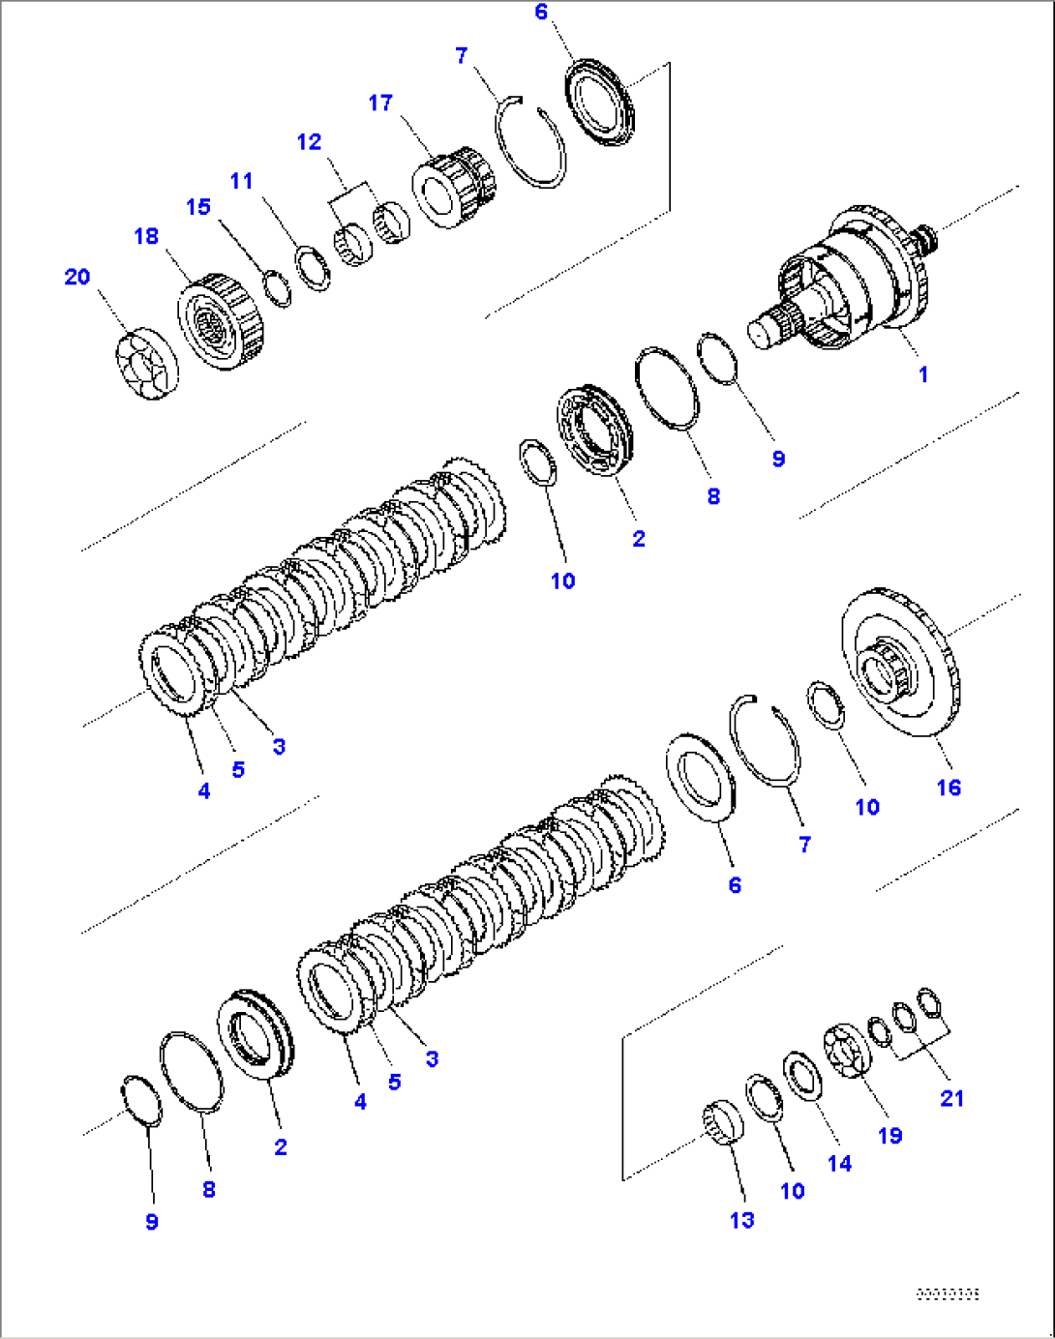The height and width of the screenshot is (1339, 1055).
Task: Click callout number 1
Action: [922, 374]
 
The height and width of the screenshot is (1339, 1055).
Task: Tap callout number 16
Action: [949, 788]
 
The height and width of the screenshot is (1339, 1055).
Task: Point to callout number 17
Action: [380, 103]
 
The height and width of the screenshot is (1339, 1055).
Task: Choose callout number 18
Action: [146, 236]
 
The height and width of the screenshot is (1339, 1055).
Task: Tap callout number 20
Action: [77, 277]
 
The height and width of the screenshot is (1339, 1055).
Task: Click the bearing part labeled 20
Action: [146, 364]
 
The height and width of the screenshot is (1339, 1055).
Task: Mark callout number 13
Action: [741, 1220]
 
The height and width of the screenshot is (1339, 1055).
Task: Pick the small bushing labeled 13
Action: [722, 1122]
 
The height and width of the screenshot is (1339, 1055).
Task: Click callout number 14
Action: [839, 1164]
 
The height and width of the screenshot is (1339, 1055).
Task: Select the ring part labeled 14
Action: [802, 1075]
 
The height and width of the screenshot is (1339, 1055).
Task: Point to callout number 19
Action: [889, 1136]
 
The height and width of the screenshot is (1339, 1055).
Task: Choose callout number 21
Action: [951, 1098]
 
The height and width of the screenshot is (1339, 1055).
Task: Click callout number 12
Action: [309, 142]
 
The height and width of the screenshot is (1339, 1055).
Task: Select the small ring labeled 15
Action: [278, 289]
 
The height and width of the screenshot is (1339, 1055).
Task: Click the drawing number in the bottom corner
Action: [948, 1294]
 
